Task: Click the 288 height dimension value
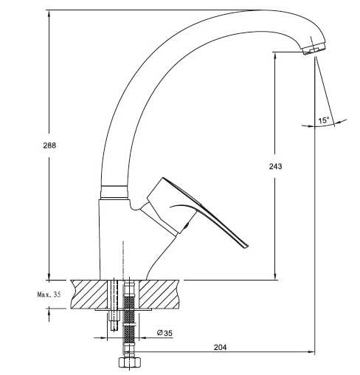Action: click(49, 145)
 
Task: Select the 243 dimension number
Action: click(275, 166)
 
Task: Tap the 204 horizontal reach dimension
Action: click(220, 347)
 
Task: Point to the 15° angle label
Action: click(324, 120)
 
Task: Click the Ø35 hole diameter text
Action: click(165, 333)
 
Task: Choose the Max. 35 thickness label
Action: click(49, 295)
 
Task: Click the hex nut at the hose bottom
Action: click(129, 362)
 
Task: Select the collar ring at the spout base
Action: click(114, 192)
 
